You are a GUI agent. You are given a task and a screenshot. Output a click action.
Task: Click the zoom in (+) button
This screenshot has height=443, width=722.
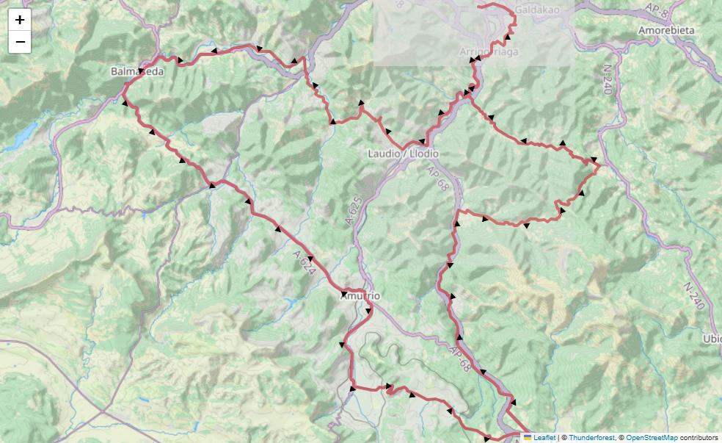pos(20,20)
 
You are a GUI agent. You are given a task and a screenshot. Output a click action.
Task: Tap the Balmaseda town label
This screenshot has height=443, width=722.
pos(137,72)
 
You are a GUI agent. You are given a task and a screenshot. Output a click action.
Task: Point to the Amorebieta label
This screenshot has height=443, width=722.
pos(666,30)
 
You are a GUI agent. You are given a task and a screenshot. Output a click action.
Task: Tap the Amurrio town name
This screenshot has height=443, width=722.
pos(360,295)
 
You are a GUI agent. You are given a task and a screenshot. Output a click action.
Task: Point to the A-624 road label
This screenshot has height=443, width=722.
pos(304,263)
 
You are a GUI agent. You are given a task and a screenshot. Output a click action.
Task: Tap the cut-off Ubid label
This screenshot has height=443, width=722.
pos(712,339)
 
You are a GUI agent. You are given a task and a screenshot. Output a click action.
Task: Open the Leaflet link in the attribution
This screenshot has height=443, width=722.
pos(544,437)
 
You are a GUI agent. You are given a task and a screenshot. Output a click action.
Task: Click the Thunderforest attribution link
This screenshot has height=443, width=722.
pos(591,437)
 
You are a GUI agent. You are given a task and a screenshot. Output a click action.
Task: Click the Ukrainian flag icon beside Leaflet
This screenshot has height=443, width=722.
pos(528,437)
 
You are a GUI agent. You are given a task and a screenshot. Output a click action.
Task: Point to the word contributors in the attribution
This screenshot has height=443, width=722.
pos(699,437)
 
